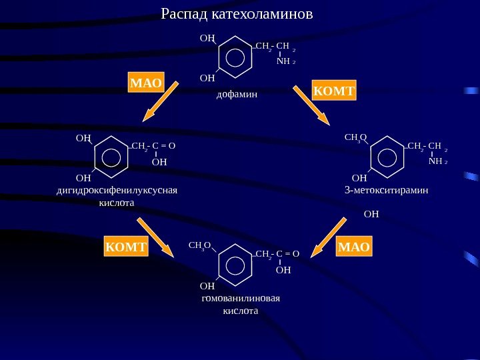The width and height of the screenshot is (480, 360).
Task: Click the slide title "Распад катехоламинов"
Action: pyautogui.click(x=237, y=14)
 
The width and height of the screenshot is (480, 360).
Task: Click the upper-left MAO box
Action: pyautogui.click(x=146, y=83)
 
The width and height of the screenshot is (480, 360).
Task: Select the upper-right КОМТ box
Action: pyautogui.click(x=334, y=90)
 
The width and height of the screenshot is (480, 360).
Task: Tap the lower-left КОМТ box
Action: pyautogui.click(x=125, y=247)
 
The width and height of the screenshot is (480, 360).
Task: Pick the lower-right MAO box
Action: pyautogui.click(x=353, y=247)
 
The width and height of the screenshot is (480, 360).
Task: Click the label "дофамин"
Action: pyautogui.click(x=236, y=95)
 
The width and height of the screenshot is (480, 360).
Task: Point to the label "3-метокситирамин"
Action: pyautogui.click(x=386, y=190)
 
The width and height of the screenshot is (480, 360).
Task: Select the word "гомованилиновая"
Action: pyautogui.click(x=240, y=297)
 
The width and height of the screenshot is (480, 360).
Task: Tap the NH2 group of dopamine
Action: pyautogui.click(x=285, y=61)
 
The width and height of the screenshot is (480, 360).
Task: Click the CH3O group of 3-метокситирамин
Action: pyautogui.click(x=355, y=138)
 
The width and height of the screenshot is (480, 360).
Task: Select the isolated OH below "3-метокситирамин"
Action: pyautogui.click(x=371, y=214)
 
